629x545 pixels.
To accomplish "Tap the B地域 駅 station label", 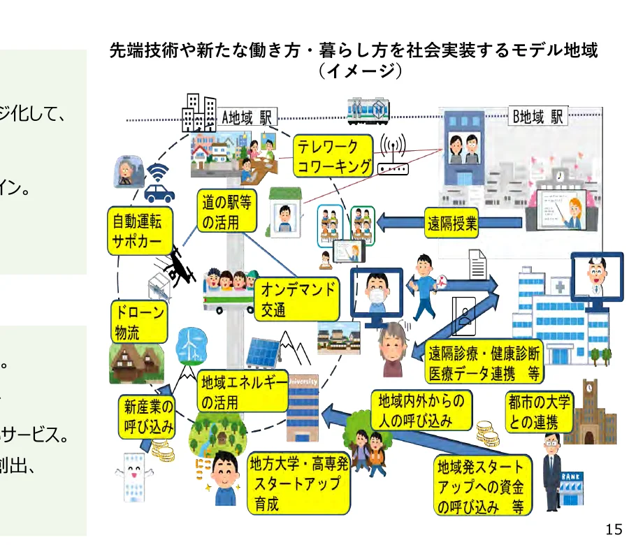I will point(538,117).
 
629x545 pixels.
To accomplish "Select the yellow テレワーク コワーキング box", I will point(333,157).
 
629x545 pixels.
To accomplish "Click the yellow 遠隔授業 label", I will point(452,223).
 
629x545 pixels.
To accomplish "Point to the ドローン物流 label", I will point(139,321).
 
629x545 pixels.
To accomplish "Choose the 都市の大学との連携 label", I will point(539,412).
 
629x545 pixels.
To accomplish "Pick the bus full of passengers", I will point(230,287).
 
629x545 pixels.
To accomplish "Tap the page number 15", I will point(613,530).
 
